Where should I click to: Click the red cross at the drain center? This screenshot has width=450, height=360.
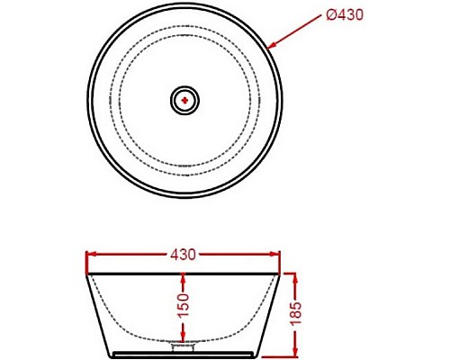click(184, 101)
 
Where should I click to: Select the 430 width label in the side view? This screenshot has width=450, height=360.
click(183, 255)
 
